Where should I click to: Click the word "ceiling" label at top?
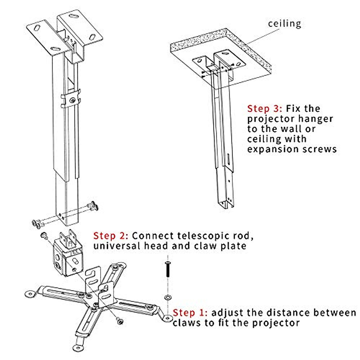(x=284, y=23)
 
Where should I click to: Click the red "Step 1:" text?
(x=190, y=313)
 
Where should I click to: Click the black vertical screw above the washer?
(x=167, y=269)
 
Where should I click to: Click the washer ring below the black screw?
(x=167, y=297)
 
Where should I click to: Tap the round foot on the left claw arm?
(x=29, y=293)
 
